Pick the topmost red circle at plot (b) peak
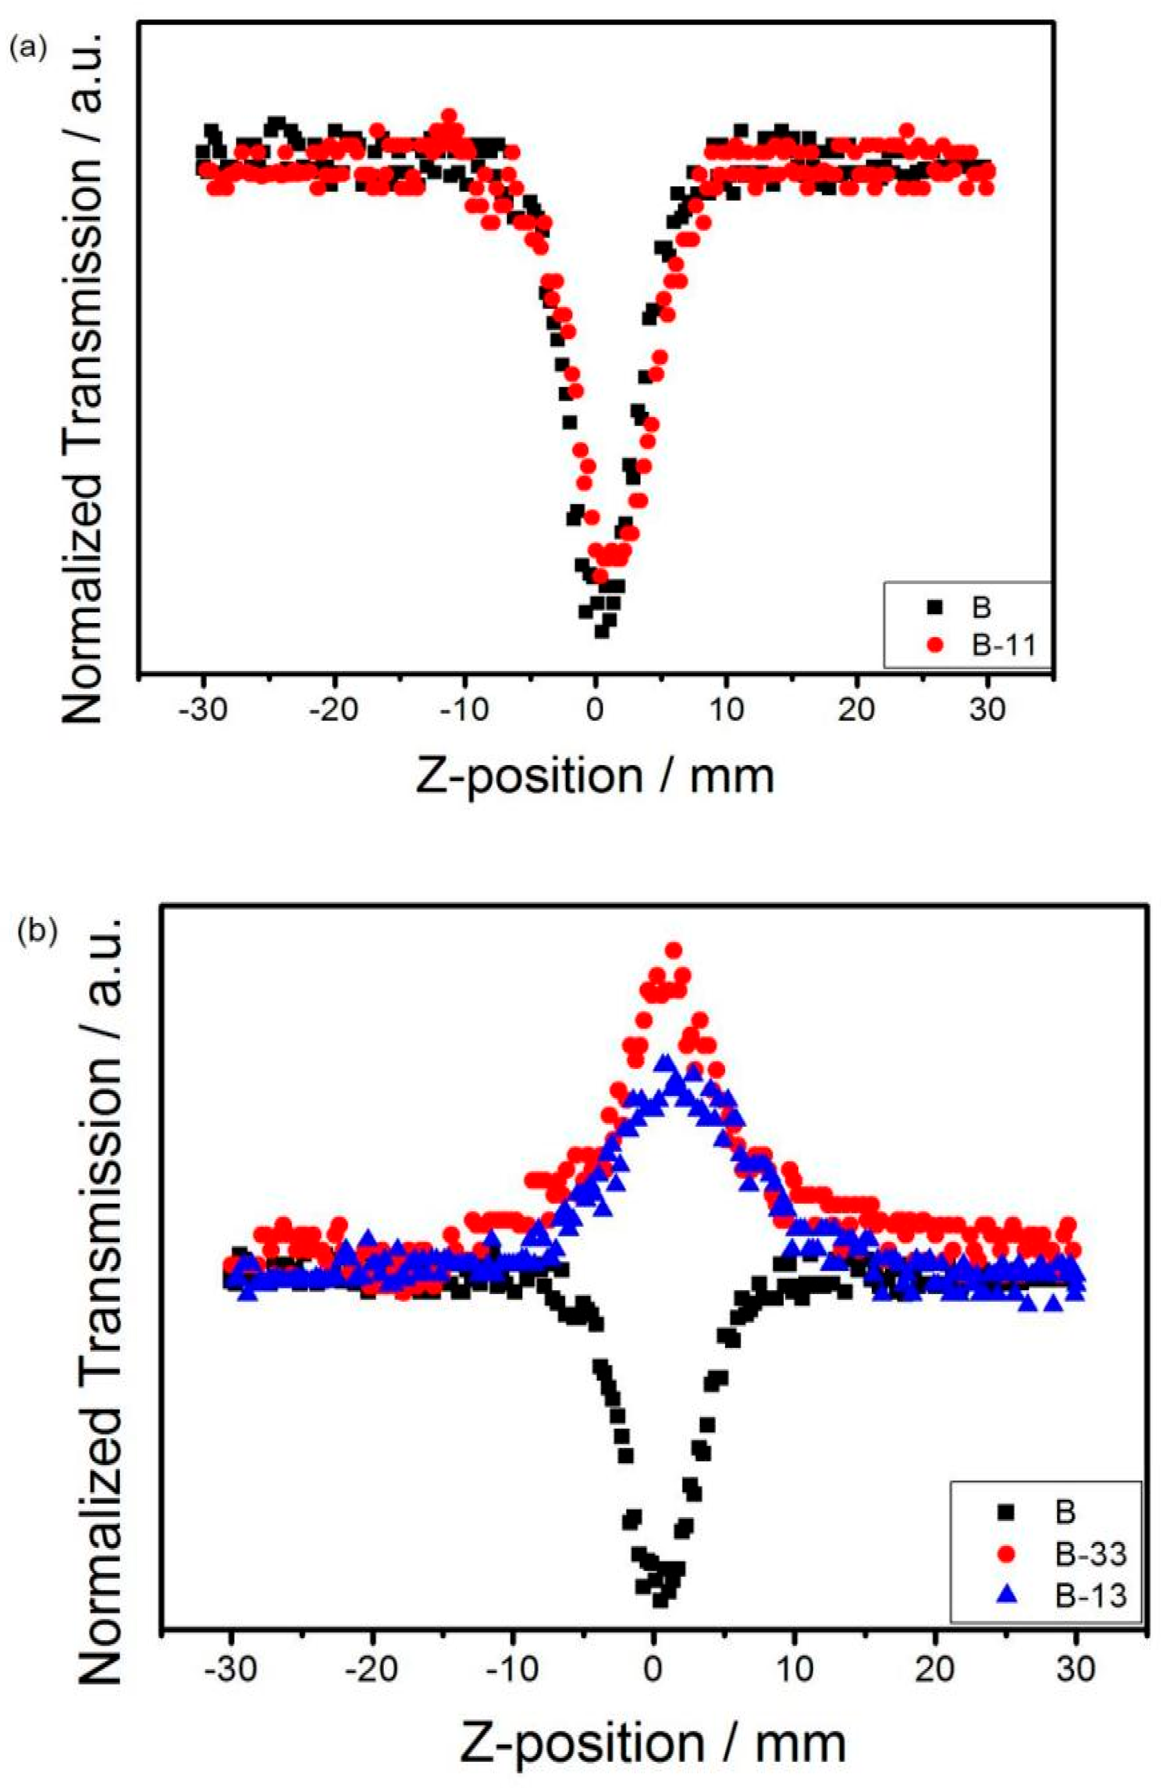click(x=674, y=950)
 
